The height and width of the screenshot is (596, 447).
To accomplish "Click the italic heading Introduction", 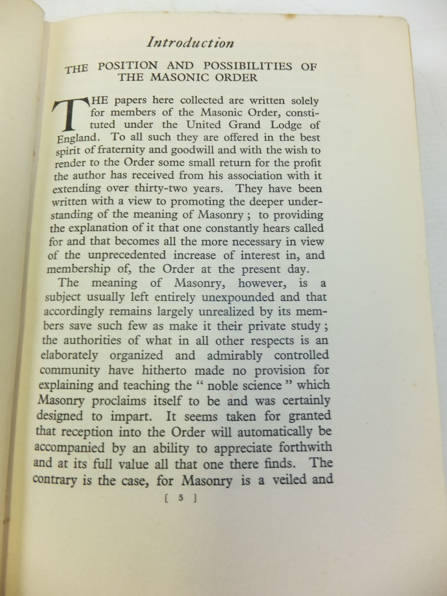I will pyautogui.click(x=190, y=43).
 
